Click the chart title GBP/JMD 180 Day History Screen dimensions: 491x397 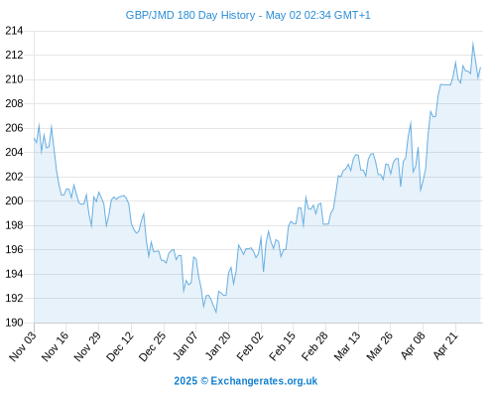point(190,15)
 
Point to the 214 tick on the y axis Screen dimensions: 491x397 point(14,31)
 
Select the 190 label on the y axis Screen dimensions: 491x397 point(14,323)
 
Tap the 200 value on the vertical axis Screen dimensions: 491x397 point(14,200)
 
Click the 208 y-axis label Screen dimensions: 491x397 point(14,103)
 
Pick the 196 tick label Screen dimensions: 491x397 point(14,249)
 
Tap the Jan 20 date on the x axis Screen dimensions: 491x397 point(217,345)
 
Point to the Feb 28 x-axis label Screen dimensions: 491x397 point(314,345)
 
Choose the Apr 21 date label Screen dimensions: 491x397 point(445,345)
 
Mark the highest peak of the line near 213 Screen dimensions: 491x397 point(473,43)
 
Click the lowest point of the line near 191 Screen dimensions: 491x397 point(216,313)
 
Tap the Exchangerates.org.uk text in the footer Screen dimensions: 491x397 point(264,381)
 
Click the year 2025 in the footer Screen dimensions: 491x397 point(185,381)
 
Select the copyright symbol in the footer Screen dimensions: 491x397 point(204,381)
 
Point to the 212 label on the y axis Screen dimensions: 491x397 point(14,55)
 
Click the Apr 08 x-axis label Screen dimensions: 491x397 point(413,345)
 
